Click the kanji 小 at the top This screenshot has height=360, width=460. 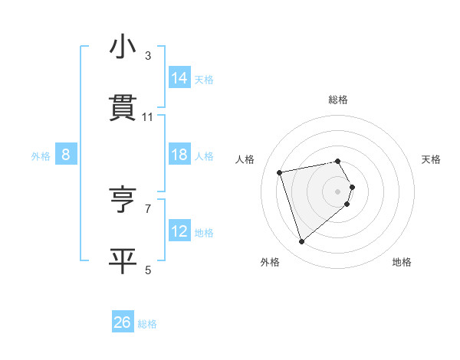pyautogui.click(x=123, y=47)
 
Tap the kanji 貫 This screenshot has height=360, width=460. pyautogui.click(x=123, y=109)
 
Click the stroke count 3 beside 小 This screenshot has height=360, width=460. pyautogui.click(x=148, y=56)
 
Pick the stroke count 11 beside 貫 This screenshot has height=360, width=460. pyautogui.click(x=148, y=117)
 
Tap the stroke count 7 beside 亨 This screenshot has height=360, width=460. pyautogui.click(x=148, y=208)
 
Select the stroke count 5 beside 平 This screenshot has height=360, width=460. pyautogui.click(x=148, y=270)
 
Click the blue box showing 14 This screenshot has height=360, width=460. pyautogui.click(x=179, y=78)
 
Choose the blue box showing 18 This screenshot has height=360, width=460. pyautogui.click(x=179, y=155)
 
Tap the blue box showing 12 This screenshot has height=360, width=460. pyautogui.click(x=179, y=231)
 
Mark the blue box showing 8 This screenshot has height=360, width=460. pyautogui.click(x=66, y=155)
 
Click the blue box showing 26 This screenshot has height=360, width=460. pyautogui.click(x=123, y=322)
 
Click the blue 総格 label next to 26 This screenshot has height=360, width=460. pyautogui.click(x=147, y=324)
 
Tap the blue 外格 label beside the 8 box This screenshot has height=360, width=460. pyautogui.click(x=41, y=156)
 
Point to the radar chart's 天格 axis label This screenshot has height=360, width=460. pyautogui.click(x=431, y=159)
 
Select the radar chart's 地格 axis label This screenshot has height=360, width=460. pyautogui.click(x=402, y=263)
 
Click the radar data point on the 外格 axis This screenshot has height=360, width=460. pyautogui.click(x=301, y=242)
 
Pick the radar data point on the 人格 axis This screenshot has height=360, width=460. pyautogui.click(x=280, y=172)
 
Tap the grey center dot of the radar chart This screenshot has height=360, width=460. pyautogui.click(x=337, y=191)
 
